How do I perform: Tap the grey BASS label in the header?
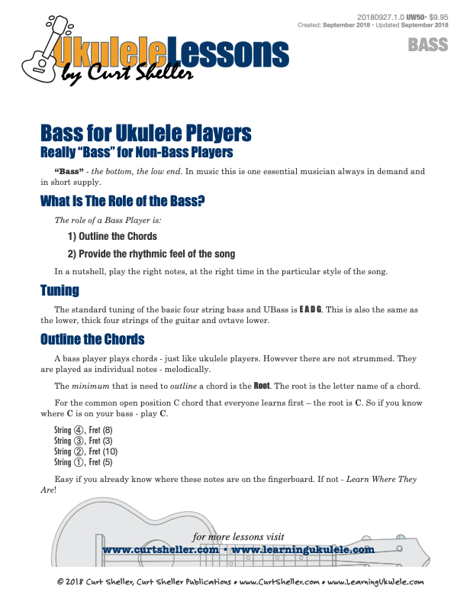428,45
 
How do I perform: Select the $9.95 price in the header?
439,16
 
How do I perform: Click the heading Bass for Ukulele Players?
145,134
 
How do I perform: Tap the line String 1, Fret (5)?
83,462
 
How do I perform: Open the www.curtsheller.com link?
162,549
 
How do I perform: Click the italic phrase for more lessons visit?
238,536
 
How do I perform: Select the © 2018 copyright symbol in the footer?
61,582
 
